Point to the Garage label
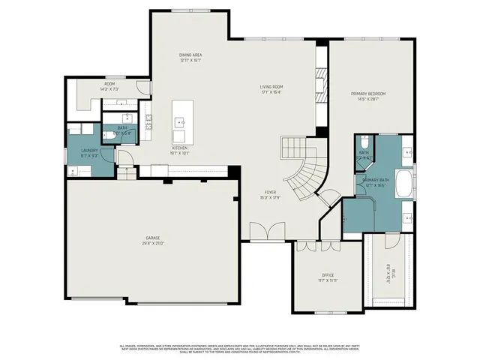(154, 239)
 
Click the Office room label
(328, 275)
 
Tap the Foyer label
(269, 193)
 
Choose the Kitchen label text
(180, 148)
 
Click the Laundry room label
(89, 151)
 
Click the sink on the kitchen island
(181, 121)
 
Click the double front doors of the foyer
(266, 233)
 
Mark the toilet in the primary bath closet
(363, 144)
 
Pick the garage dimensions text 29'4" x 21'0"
(154, 244)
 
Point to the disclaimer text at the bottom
(240, 349)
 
